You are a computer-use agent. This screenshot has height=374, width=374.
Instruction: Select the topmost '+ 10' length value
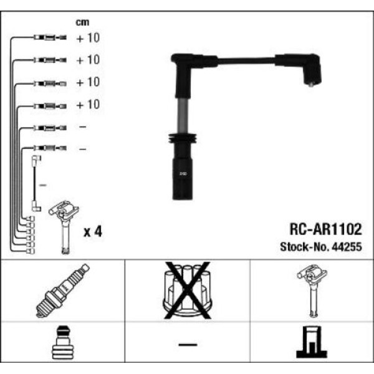[88, 38]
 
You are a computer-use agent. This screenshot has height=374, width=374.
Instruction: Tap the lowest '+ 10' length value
[88, 105]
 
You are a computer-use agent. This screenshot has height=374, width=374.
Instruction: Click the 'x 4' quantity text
[92, 232]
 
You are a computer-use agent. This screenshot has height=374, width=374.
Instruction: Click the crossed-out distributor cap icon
[187, 289]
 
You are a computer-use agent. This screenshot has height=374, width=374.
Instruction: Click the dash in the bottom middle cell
[187, 344]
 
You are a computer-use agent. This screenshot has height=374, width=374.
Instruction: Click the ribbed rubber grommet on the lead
[181, 140]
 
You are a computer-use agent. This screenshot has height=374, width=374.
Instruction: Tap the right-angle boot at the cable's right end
[310, 72]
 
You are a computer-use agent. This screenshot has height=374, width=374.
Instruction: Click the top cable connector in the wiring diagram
[46, 38]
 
